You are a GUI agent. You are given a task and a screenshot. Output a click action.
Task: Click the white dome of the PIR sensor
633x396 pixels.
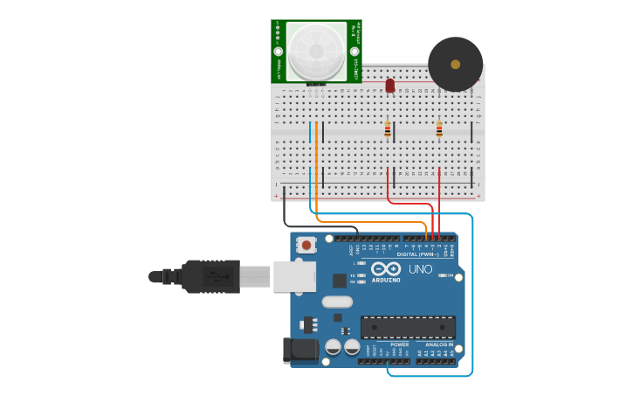coord(316,52)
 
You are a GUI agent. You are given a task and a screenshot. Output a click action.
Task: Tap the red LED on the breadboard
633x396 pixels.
coord(389,86)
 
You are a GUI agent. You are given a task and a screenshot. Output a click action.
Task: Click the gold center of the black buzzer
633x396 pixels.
coord(455,64)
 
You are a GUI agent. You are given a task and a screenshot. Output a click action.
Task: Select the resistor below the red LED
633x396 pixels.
coord(388,129)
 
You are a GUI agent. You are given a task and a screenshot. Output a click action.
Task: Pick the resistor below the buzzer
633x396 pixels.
coord(439,129)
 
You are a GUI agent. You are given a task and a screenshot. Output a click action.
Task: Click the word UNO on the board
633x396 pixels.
coord(420,269)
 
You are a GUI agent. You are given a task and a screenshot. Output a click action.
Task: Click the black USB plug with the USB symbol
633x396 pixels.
coord(210,276)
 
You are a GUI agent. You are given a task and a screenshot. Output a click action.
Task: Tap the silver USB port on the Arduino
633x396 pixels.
coord(293,276)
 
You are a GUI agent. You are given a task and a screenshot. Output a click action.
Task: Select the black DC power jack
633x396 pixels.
coord(299,351)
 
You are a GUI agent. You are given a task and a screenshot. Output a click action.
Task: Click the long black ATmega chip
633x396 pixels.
coord(408,328)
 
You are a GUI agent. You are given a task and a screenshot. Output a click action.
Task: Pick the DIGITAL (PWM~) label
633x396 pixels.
coord(417,254)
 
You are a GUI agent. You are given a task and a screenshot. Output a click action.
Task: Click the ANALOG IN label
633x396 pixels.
coord(439,344)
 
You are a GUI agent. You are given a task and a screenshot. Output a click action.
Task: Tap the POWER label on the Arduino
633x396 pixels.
coord(399,344)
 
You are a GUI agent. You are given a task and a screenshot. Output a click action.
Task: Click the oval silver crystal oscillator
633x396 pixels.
coord(337,302)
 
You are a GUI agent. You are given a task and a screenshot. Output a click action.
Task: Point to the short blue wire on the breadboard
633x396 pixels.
coord(309,132)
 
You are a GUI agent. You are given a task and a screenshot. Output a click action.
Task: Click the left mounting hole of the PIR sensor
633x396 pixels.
coord(278,52)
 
